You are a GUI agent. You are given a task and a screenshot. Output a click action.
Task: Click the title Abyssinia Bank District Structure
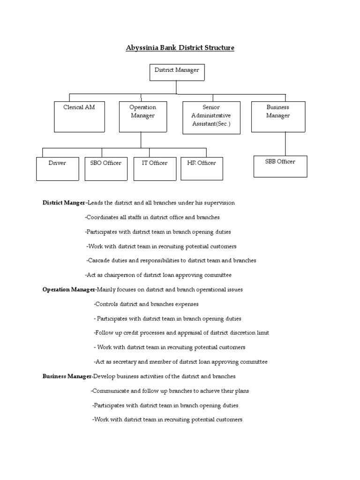point(180,48)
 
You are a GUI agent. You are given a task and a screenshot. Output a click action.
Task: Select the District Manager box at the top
point(177,73)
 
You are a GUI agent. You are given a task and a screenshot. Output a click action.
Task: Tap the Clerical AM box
point(79,116)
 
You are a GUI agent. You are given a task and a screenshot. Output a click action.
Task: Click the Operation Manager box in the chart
point(143,116)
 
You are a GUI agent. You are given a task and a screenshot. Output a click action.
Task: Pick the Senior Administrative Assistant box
point(211,117)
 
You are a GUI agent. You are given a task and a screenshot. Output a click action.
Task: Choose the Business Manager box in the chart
point(278,116)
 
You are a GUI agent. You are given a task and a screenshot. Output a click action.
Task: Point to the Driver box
point(57,168)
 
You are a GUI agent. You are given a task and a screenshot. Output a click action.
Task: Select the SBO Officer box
point(105,168)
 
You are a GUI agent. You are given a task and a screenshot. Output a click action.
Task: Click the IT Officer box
point(154,168)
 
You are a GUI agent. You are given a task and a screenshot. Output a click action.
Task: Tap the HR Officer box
point(202,168)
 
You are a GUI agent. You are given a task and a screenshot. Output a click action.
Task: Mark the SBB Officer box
point(280,166)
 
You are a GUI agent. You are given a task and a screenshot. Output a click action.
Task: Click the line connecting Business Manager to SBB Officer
point(285,143)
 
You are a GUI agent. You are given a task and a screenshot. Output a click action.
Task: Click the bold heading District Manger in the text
point(64,203)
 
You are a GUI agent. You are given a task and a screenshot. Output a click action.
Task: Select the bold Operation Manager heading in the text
point(69,290)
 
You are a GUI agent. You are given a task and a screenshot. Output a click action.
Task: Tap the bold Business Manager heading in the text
point(67,376)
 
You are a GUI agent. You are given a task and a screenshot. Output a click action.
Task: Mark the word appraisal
point(193,333)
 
